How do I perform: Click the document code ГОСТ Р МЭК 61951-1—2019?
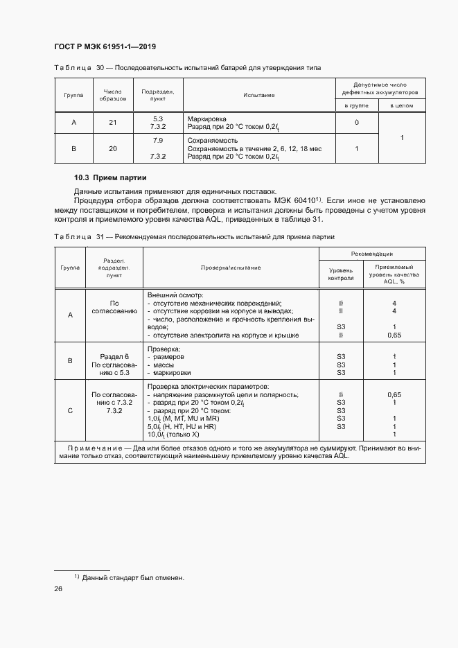(x=104, y=46)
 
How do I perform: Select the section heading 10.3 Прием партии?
(x=107, y=178)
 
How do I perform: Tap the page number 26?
(x=58, y=589)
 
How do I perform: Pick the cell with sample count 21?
(x=113, y=123)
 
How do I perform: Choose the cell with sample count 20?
(x=113, y=148)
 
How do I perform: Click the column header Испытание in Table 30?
(x=259, y=95)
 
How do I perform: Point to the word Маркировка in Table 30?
(x=207, y=119)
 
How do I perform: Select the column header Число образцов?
(x=113, y=95)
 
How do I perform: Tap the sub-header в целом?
(x=401, y=105)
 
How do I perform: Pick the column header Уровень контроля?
(x=340, y=274)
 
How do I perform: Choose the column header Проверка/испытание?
(x=231, y=267)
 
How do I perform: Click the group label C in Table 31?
(x=70, y=410)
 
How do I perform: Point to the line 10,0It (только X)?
(x=174, y=435)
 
